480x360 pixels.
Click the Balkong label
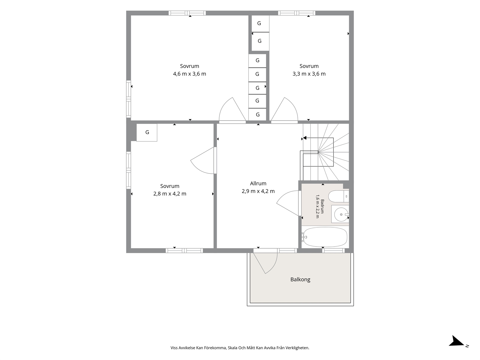pos(300,279)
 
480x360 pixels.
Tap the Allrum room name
pos(258,183)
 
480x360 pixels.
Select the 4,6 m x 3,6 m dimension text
pos(189,74)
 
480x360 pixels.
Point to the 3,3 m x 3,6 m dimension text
pos(309,74)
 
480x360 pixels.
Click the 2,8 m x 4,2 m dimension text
pos(170,194)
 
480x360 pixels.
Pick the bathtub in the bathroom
pos(325,237)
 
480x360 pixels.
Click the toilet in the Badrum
pos(339,196)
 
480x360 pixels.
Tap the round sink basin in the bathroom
pos(341,214)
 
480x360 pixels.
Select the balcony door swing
pos(265,263)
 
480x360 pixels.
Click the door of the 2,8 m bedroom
pos(204,160)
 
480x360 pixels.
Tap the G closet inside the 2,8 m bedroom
pos(147,133)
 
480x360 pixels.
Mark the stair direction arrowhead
pos(305,138)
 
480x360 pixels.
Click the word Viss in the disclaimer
pos(174,348)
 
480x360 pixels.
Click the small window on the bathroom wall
pos(333,251)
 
